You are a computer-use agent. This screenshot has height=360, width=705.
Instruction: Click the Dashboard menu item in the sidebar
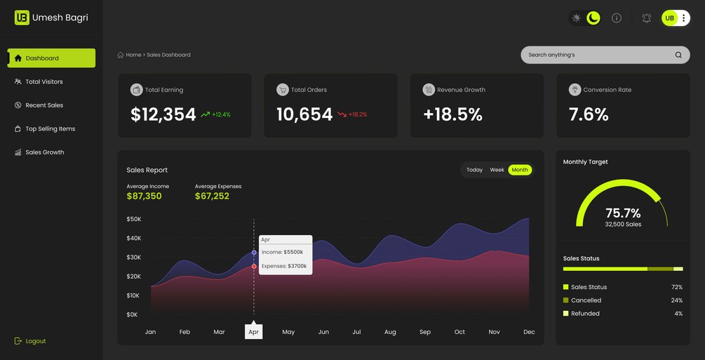coord(51,58)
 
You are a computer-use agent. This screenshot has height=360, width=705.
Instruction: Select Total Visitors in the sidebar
coord(39,82)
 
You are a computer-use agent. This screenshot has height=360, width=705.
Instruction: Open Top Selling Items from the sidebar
coord(44,128)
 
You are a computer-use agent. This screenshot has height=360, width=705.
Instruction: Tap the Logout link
coord(30,341)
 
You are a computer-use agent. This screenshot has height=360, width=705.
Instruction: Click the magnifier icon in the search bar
coord(678,55)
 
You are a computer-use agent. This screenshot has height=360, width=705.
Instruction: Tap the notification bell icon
coord(647,18)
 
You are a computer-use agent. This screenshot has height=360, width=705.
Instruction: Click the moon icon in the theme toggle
coord(593,18)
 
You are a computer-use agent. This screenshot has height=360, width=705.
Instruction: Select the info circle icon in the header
coord(617,18)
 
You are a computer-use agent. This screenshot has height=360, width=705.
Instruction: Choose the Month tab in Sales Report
coord(520,170)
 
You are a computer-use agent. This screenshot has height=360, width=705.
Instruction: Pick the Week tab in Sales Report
coord(497,170)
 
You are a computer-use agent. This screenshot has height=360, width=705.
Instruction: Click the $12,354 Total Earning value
coord(163,115)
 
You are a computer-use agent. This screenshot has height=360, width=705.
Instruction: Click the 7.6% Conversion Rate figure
coord(589,115)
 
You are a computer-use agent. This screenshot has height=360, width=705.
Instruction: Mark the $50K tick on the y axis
coord(134,219)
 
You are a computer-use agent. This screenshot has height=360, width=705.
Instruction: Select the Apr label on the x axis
coord(253,332)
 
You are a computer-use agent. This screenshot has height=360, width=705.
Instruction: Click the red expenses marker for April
coord(254,267)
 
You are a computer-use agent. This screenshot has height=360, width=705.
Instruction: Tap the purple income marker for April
coord(254,253)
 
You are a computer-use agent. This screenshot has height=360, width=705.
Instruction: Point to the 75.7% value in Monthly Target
coord(623,213)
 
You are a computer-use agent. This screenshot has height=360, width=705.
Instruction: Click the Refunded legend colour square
coord(565,313)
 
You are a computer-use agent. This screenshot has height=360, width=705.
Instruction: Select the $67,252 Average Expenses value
coord(213,196)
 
